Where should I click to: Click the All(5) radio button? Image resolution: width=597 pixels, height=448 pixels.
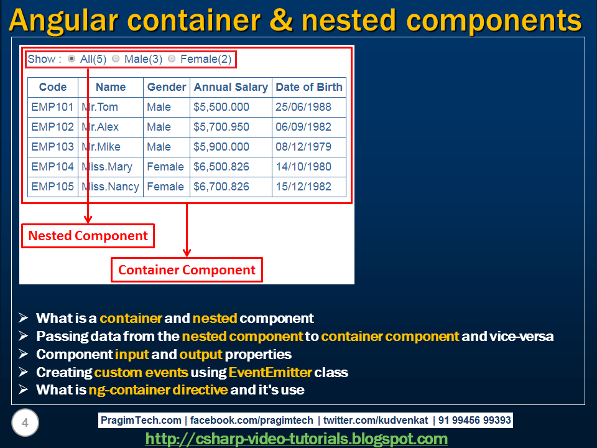tap(72, 59)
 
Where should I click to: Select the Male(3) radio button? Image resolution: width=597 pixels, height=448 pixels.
tap(116, 59)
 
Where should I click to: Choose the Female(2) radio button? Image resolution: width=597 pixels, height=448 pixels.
tap(172, 59)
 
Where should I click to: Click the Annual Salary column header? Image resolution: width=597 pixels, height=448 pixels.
tap(231, 87)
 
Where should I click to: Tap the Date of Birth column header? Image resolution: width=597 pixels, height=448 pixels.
tap(309, 87)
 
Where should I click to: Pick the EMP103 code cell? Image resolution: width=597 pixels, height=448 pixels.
tap(52, 147)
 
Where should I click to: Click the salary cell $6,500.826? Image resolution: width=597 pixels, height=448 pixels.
tap(221, 167)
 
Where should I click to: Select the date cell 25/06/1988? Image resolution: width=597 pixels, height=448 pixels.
tap(303, 107)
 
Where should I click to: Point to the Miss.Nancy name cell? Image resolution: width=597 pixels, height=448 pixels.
tap(111, 187)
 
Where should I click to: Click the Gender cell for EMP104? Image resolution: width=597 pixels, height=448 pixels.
tap(165, 167)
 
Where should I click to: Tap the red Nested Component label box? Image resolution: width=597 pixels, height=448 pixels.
tap(88, 236)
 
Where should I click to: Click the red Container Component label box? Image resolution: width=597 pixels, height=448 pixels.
tap(187, 270)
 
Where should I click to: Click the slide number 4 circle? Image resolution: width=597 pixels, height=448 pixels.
tap(25, 424)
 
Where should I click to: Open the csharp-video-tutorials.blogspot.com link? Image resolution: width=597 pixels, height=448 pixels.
tap(297, 439)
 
